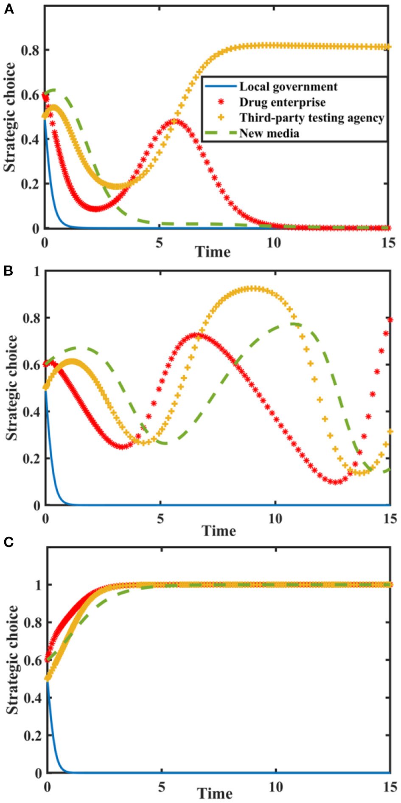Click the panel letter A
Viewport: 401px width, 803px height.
(8, 8)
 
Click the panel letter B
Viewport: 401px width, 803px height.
(8, 271)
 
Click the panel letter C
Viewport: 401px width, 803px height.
(8, 542)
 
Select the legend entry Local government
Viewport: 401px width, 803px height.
(288, 87)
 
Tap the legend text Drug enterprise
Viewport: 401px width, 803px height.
(282, 102)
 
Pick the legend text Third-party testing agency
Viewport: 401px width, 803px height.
(311, 118)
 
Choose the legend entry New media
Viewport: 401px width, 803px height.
(269, 133)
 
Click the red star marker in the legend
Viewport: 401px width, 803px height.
(221, 102)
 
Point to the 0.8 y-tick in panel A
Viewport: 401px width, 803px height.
(30, 50)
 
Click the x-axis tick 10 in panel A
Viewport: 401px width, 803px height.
(273, 243)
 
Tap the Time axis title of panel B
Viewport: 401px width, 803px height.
(218, 531)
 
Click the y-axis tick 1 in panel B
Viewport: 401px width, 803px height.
(37, 271)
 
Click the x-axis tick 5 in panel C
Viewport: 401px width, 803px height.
(162, 787)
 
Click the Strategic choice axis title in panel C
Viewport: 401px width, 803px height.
(13, 660)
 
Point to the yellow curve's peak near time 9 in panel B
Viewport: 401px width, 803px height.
(252, 289)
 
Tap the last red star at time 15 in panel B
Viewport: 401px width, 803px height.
(390, 320)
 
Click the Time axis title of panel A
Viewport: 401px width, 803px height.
(212, 252)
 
